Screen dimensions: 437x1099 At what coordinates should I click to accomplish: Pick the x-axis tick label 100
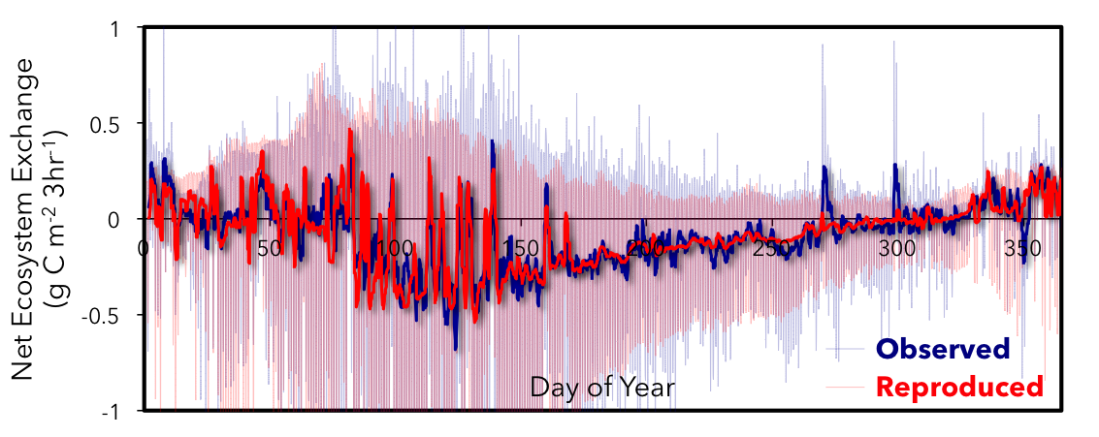(392, 248)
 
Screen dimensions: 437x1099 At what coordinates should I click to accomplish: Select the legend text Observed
(942, 349)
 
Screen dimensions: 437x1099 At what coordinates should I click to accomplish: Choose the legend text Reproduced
(958, 388)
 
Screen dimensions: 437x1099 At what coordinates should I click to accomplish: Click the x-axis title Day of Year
(602, 389)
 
